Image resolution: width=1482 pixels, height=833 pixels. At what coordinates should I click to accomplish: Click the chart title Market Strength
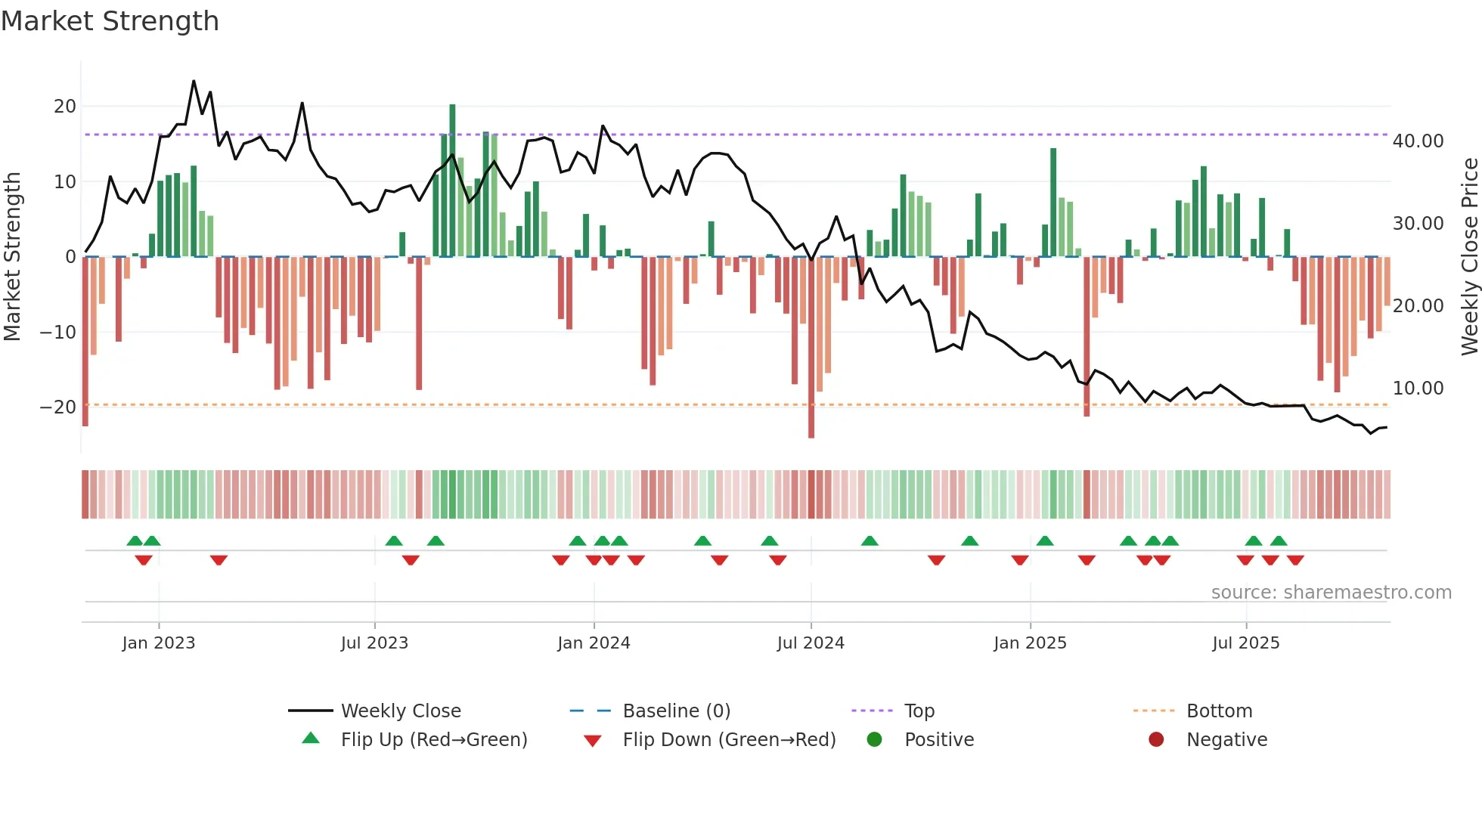110,21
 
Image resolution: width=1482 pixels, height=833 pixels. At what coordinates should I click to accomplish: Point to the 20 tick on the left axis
65,107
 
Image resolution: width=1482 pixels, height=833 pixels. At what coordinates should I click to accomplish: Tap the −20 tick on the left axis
58,407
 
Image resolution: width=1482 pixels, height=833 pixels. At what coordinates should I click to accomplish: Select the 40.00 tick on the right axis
1418,141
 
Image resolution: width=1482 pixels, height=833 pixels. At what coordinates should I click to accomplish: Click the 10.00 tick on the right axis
1418,389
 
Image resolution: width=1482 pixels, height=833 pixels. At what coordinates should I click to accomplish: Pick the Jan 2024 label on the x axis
594,643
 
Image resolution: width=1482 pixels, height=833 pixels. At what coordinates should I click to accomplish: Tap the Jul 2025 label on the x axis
1245,643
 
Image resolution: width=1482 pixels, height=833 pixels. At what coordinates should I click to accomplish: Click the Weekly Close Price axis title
1469,257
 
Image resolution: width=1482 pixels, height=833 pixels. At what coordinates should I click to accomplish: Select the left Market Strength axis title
12,257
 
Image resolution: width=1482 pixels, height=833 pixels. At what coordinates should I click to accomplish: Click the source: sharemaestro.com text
1331,593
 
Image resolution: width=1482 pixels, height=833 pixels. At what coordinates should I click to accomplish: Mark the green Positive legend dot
875,740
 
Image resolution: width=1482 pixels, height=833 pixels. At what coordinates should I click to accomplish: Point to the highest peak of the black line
194,81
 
